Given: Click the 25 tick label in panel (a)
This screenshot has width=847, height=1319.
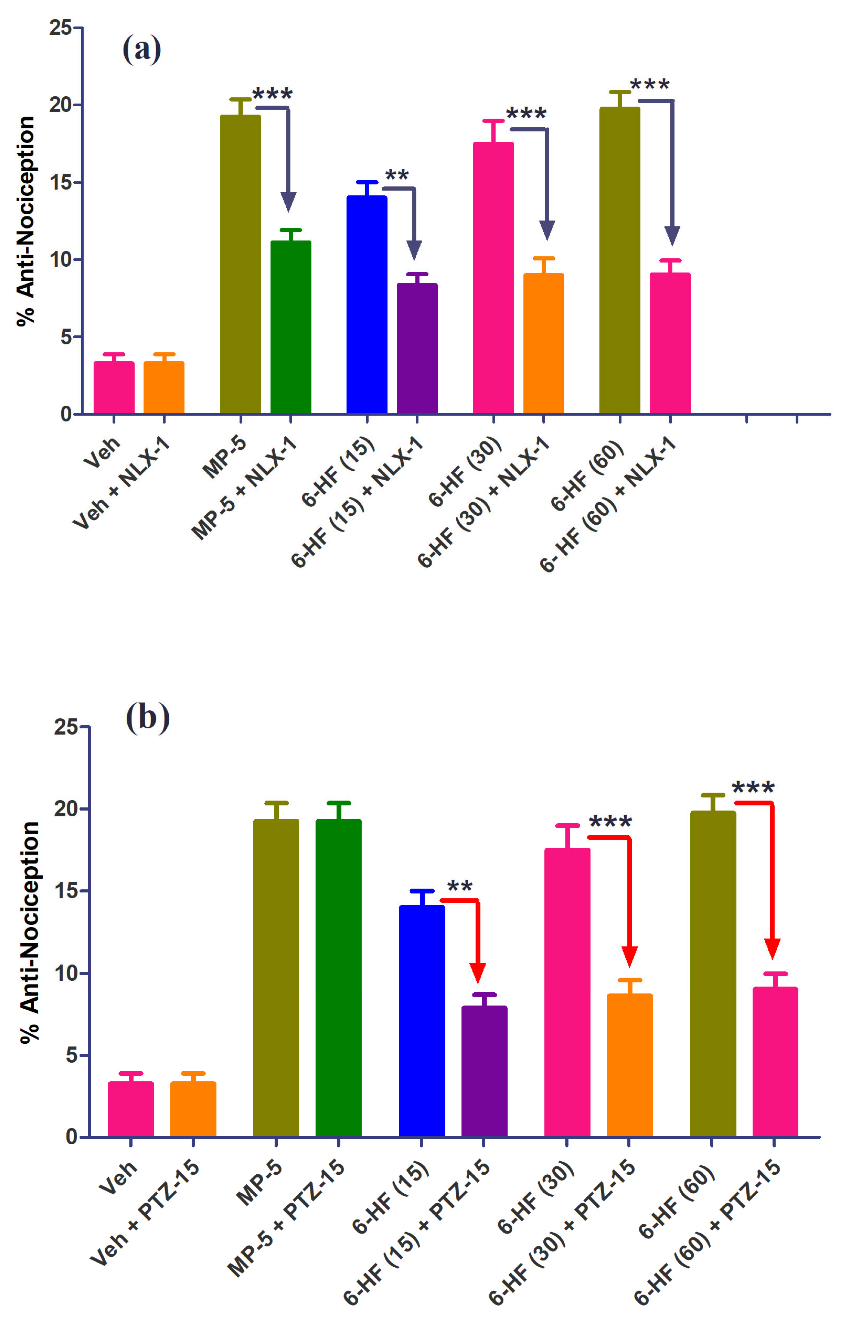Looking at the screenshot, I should (60, 28).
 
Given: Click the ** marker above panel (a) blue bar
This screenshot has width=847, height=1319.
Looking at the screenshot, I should (397, 176).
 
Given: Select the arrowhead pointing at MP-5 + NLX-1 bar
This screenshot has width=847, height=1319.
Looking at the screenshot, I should (288, 202).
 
